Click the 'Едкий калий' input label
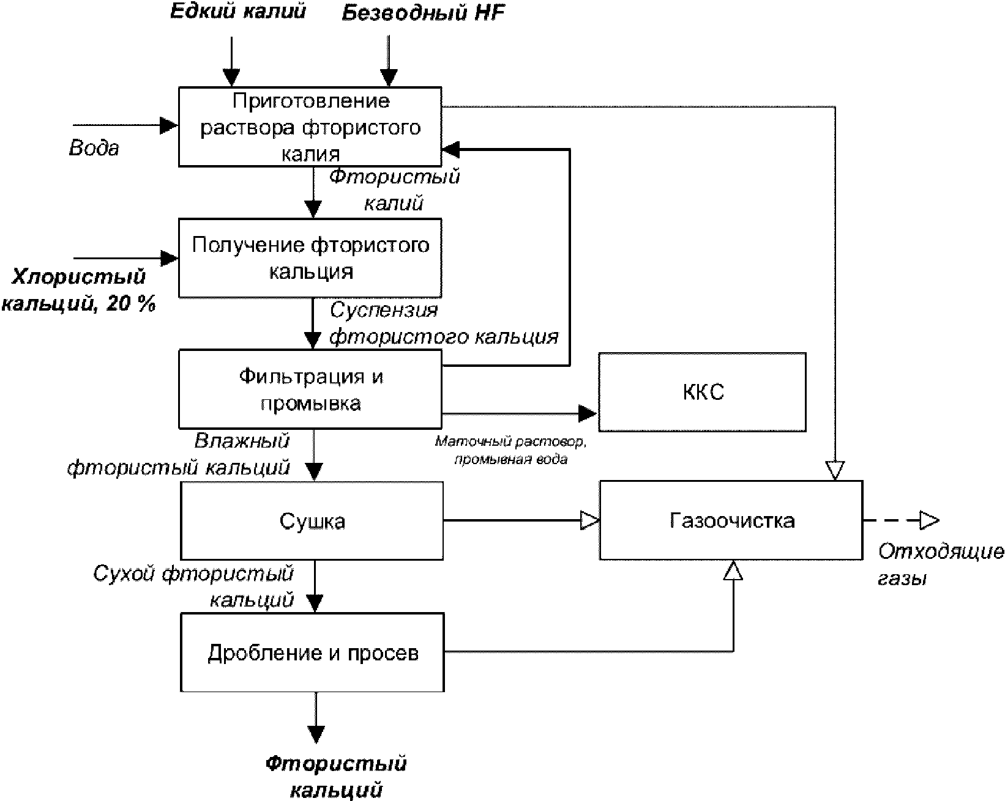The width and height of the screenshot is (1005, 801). tap(237, 12)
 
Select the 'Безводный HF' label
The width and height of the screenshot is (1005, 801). tap(423, 13)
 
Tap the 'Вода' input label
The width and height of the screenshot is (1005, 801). tap(94, 148)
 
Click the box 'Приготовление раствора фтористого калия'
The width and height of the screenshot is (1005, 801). tap(310, 127)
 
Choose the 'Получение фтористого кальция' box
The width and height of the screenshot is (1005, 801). tap(310, 258)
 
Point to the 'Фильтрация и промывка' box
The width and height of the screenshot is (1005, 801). tap(310, 389)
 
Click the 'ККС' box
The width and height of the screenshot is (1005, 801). tap(702, 392)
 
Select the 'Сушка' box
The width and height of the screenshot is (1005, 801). tap(312, 521)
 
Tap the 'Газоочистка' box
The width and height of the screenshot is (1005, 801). tap(731, 520)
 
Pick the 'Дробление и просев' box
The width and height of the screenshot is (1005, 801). tap(312, 652)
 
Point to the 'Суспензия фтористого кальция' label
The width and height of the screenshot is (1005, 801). tap(444, 323)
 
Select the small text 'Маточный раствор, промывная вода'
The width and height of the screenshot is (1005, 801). tap(510, 450)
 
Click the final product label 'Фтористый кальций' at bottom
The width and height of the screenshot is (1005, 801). tap(336, 777)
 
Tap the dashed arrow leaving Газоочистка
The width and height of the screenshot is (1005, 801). tap(900, 521)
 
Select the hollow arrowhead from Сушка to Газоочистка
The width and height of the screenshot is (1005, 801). tap(590, 521)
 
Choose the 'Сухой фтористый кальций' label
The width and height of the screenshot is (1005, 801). tap(193, 586)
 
